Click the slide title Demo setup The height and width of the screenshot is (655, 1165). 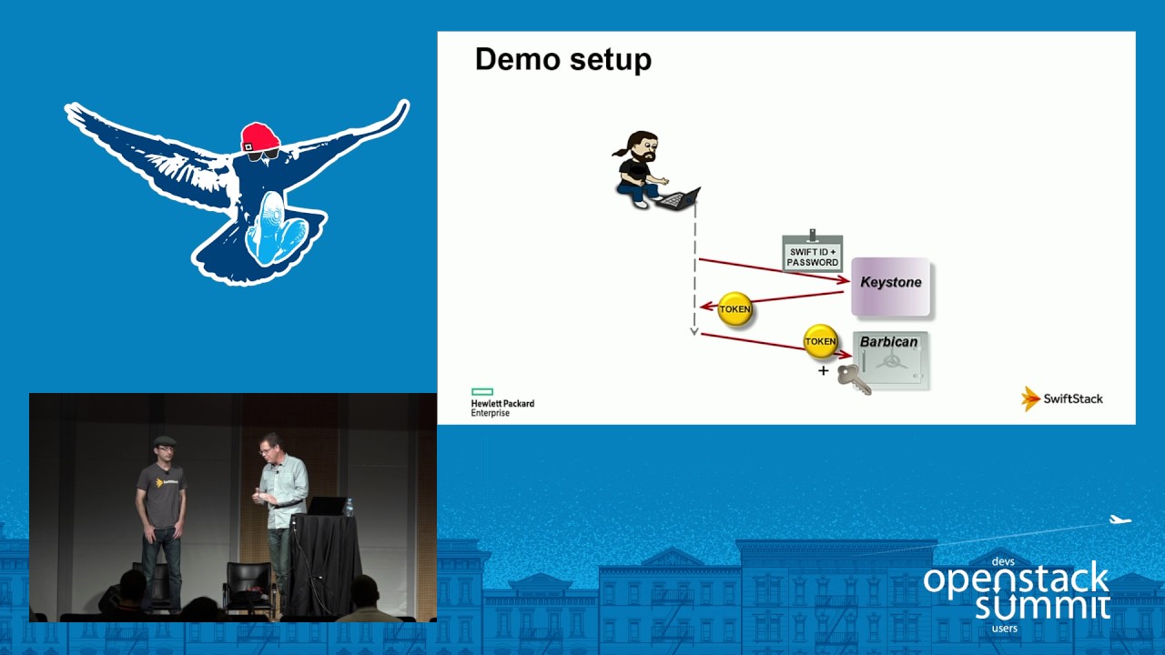(x=562, y=60)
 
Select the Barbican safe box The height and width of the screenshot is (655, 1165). (x=890, y=361)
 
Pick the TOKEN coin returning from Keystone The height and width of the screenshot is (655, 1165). (x=734, y=309)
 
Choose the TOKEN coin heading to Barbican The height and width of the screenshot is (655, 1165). (x=820, y=342)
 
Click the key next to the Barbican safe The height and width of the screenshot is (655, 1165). (x=854, y=378)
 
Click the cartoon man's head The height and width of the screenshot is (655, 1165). (x=643, y=146)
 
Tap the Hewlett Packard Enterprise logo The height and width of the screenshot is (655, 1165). (x=501, y=403)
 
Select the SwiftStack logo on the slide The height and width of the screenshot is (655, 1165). (x=1062, y=398)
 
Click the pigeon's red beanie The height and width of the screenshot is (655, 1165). (x=259, y=137)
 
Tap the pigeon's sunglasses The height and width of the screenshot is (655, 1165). (x=261, y=155)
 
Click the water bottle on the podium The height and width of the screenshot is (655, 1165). (x=348, y=507)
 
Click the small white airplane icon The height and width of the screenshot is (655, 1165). (x=1119, y=520)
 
